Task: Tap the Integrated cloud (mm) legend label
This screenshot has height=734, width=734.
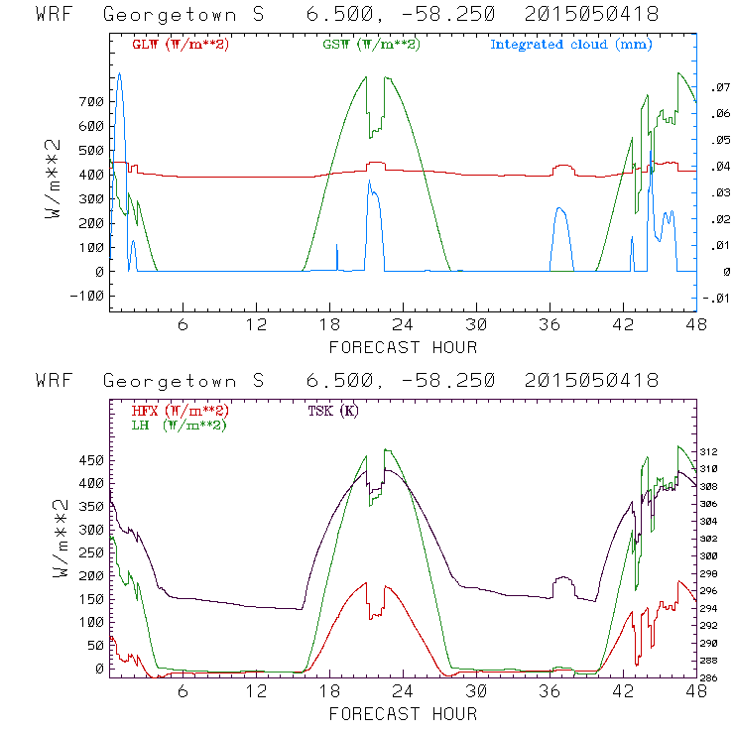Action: (x=570, y=45)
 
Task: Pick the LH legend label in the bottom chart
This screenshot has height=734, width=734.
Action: (x=180, y=425)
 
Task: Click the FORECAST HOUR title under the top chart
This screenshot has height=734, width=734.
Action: (x=403, y=347)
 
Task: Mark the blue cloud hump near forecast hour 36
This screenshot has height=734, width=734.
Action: (x=561, y=233)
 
